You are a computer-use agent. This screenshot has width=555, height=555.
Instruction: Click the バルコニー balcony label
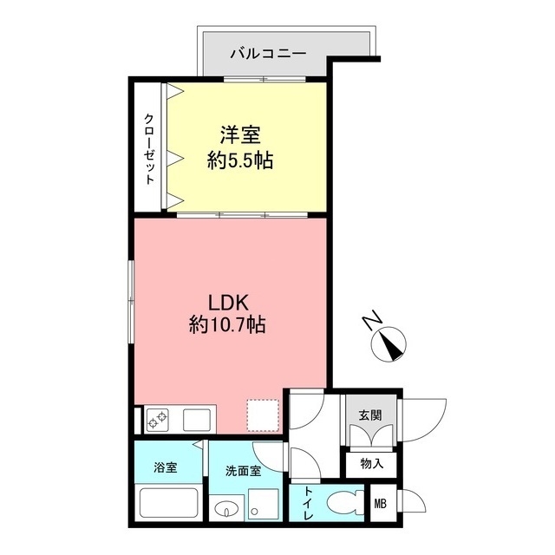(x=267, y=54)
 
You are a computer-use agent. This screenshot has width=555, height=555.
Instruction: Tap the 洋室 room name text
(x=240, y=136)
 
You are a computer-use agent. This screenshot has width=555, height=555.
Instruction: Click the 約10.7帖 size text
(x=228, y=326)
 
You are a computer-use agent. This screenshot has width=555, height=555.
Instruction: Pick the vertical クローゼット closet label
(x=149, y=148)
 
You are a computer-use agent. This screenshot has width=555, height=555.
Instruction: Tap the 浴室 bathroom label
(x=166, y=468)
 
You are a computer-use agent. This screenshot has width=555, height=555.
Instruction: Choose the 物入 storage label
(x=370, y=464)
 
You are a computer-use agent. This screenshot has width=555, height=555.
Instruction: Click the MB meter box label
(x=380, y=504)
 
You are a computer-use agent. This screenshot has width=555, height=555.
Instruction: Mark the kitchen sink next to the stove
(x=194, y=421)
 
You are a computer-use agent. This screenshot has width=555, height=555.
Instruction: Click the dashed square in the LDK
(x=263, y=414)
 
